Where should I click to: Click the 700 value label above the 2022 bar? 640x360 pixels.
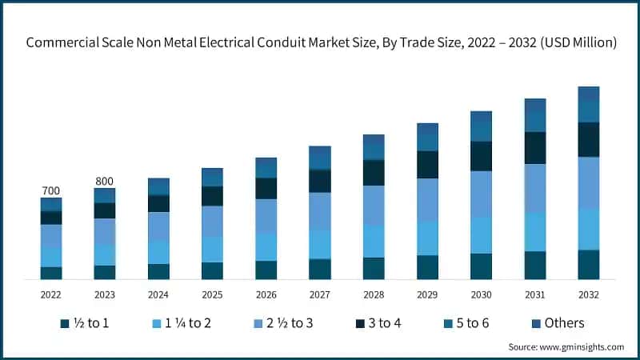50,190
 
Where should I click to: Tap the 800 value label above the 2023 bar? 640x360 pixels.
105,181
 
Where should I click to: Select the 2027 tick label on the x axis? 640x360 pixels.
319,294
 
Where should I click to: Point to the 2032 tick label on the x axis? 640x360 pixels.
589,294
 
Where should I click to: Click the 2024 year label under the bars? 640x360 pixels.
158,294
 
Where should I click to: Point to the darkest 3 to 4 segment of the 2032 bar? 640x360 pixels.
589,140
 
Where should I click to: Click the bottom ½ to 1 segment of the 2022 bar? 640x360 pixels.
51,273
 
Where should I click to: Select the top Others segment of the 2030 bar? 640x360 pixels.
482,116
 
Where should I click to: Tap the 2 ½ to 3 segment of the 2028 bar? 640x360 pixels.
374,205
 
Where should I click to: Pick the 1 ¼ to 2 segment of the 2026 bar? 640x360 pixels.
266,246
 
